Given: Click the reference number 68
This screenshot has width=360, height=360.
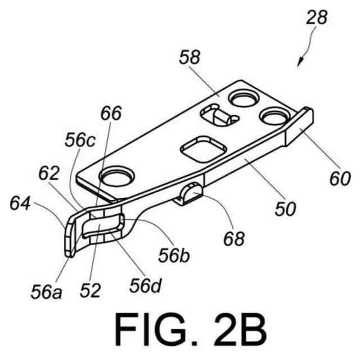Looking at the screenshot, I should pyautogui.click(x=234, y=239).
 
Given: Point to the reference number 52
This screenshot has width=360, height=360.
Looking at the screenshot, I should pyautogui.click(x=90, y=290).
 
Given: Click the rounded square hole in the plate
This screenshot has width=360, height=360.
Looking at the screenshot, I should pyautogui.click(x=202, y=148).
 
